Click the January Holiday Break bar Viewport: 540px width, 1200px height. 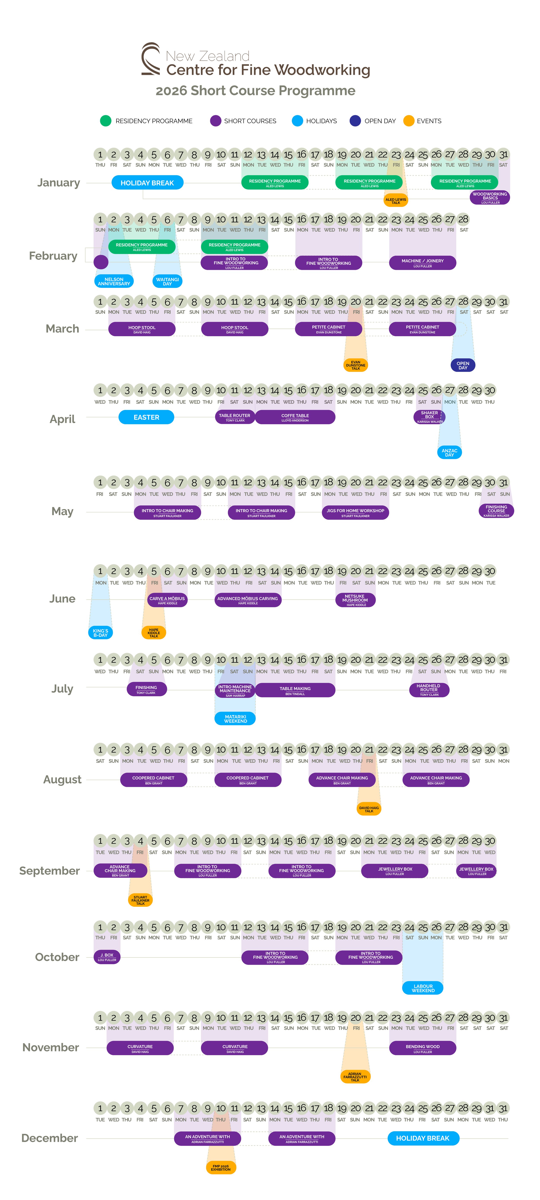147,183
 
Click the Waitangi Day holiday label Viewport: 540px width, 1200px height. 167,281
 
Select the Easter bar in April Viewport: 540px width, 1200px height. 146,417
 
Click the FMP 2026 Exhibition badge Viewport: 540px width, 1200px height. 221,1167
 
